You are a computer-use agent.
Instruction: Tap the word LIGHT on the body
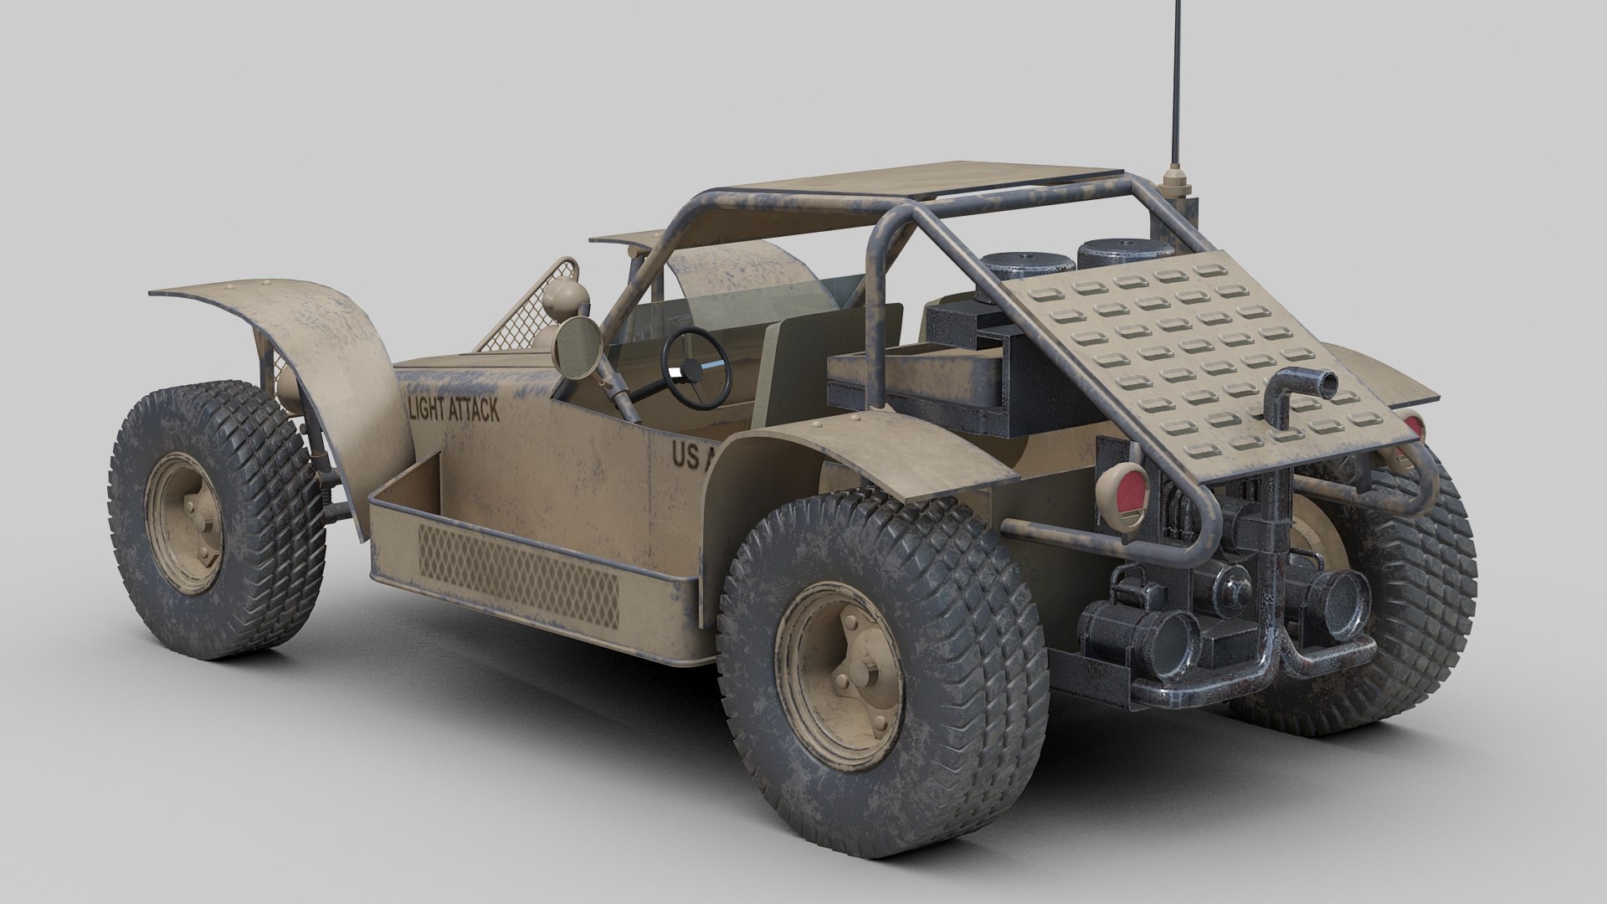pyautogui.click(x=428, y=409)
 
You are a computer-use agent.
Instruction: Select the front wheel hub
pyautogui.click(x=185, y=522)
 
